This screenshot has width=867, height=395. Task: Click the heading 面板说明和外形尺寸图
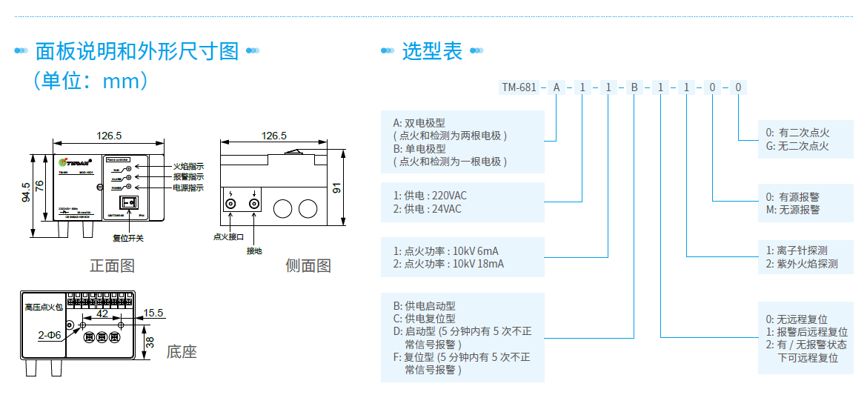tap(137, 51)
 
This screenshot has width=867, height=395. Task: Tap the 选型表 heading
tap(432, 51)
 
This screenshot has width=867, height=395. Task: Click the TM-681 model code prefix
tap(519, 87)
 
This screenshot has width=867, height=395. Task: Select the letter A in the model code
tap(556, 87)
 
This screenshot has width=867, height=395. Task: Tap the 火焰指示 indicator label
tap(188, 167)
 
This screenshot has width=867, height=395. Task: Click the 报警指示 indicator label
tap(188, 177)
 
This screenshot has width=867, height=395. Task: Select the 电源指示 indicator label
tap(188, 187)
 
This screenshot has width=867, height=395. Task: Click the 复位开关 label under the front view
tap(128, 238)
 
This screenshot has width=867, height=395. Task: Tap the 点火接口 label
tap(228, 237)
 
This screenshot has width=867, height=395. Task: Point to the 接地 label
tap(254, 250)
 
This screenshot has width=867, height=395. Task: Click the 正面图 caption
tap(113, 265)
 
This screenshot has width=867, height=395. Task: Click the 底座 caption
tap(182, 351)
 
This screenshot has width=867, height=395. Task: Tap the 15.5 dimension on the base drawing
tap(154, 313)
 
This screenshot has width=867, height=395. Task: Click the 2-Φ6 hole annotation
tap(50, 335)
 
